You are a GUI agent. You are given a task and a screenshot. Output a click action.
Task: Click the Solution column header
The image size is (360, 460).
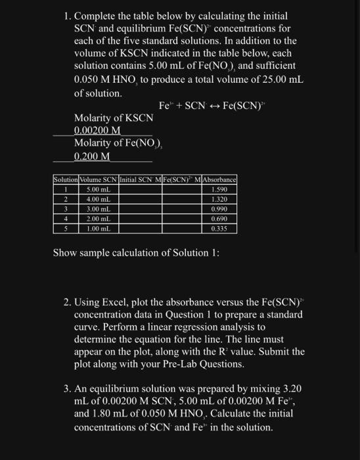(x=65, y=179)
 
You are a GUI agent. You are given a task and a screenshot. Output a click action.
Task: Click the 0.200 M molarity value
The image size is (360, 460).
(x=92, y=156)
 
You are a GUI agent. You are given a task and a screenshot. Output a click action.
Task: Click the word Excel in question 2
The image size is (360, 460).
(x=113, y=302)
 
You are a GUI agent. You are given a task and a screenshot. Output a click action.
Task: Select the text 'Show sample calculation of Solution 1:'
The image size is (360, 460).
(x=136, y=252)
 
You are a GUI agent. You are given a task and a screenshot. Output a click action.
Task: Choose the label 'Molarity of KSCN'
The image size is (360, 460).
(x=114, y=118)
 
